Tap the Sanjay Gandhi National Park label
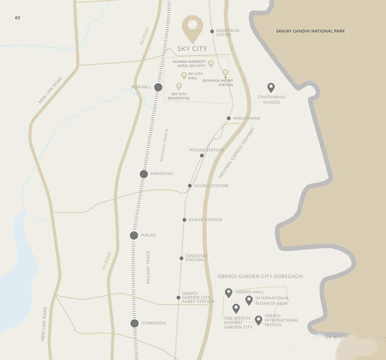[310, 31]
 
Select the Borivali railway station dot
[158, 87]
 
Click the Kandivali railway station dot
[144, 174]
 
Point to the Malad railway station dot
[134, 235]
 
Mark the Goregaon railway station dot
[134, 323]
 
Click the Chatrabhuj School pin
[271, 88]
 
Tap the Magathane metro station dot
[229, 118]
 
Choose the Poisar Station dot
[202, 156]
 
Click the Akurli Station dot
[190, 186]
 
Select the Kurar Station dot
[185, 220]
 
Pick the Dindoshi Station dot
[181, 258]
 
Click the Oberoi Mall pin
[229, 293]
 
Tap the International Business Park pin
[249, 300]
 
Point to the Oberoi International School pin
[258, 320]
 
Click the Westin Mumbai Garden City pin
[236, 308]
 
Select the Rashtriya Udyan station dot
[212, 31]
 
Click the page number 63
[17, 17]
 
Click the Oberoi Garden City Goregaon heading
[260, 277]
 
